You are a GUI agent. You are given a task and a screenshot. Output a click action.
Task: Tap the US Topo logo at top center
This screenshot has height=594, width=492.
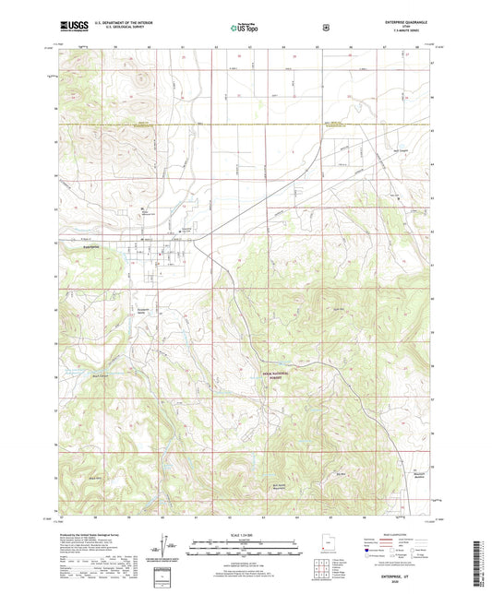tap(246, 28)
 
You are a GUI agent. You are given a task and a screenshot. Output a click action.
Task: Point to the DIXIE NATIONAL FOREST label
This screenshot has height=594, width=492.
tap(272, 374)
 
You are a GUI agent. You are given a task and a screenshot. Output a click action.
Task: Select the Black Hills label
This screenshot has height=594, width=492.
tap(94, 479)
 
